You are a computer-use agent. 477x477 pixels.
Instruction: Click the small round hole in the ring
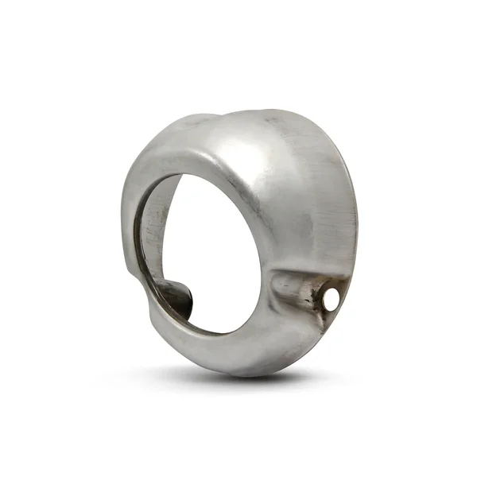(x=331, y=299)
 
